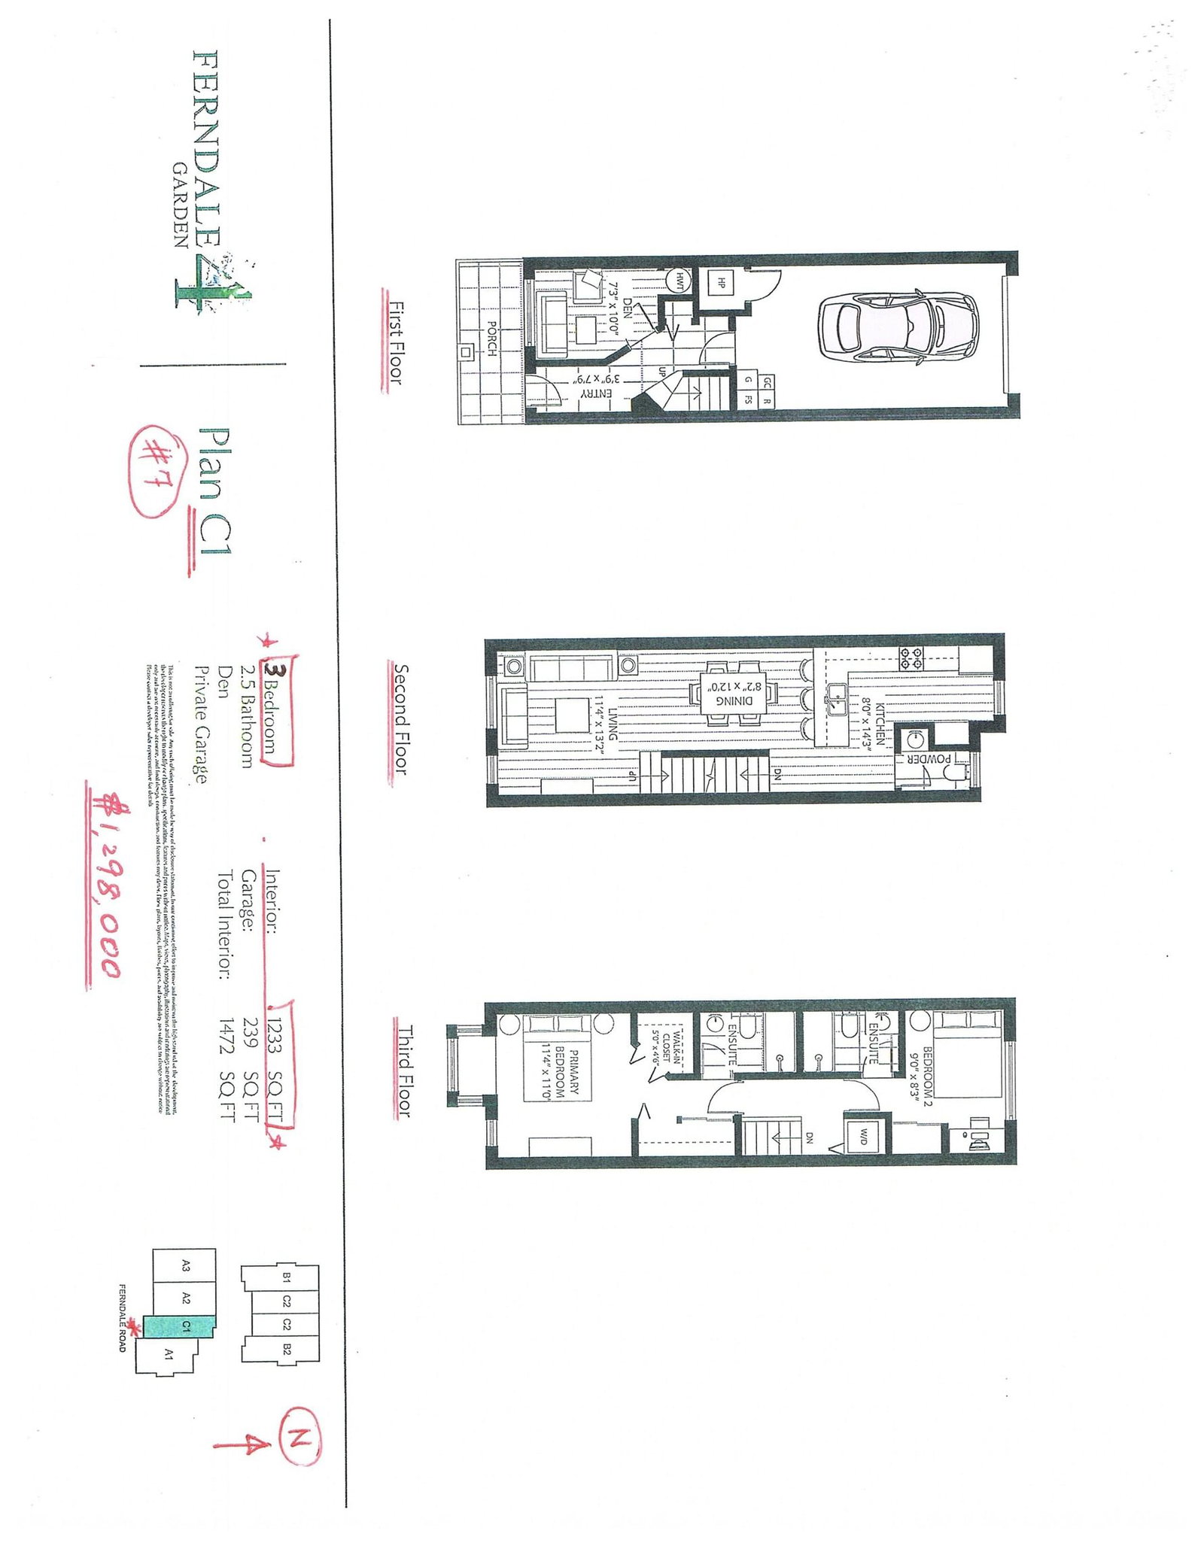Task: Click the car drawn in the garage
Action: [898, 328]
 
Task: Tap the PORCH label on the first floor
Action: [491, 339]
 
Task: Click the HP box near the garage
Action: [721, 283]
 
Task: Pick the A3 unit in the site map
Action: [185, 1267]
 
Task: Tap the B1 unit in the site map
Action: [287, 1277]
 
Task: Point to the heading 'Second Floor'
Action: [400, 718]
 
